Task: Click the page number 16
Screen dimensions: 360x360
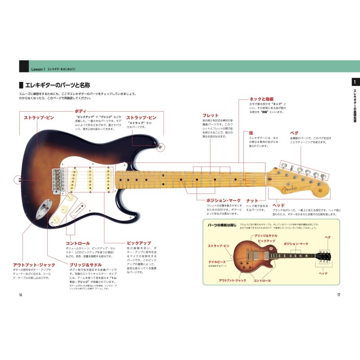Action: [20, 295]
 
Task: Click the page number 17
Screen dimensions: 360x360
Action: [340, 295]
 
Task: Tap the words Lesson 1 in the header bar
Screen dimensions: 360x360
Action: [38, 68]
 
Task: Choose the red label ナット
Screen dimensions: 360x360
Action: [252, 200]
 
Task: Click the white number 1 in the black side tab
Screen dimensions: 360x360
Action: [355, 82]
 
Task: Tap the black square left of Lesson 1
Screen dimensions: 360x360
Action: [24, 66]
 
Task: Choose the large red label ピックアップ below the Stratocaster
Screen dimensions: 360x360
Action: [139, 243]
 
